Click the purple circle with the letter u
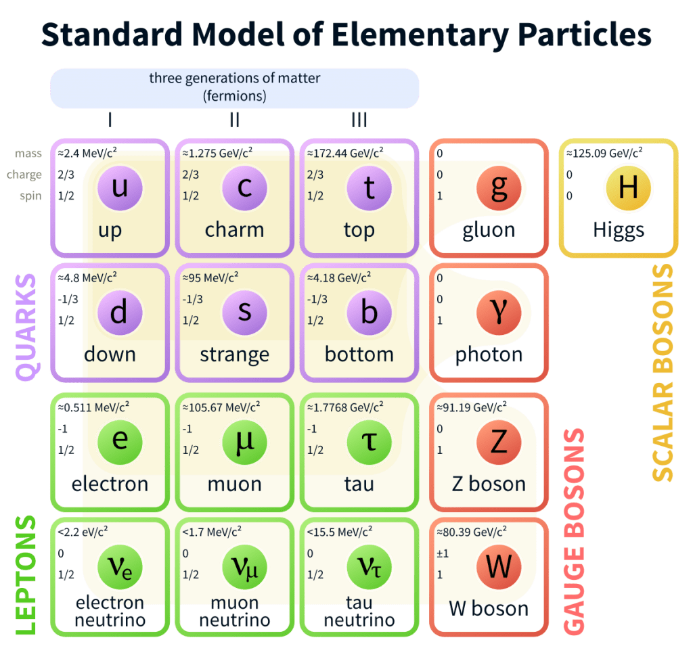[x=120, y=187]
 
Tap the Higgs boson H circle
[x=628, y=187]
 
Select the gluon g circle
[x=498, y=187]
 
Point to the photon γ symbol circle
[x=498, y=312]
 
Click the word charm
[x=234, y=230]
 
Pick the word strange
[x=234, y=355]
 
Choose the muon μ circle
[x=244, y=441]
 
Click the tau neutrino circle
[x=369, y=566]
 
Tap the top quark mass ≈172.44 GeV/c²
[x=344, y=153]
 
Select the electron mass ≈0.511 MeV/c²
[x=93, y=407]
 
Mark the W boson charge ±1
[x=443, y=553]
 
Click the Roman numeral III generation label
[x=359, y=120]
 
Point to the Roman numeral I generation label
[x=110, y=120]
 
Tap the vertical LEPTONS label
[x=26, y=575]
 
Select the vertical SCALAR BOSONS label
[x=663, y=372]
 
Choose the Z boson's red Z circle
[x=498, y=441]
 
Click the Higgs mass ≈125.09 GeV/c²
[x=604, y=153]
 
